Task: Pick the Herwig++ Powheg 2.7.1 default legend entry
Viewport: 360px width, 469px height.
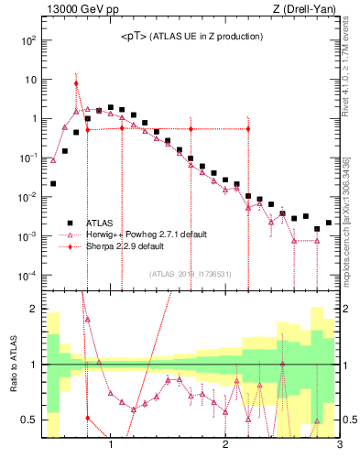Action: [x=137, y=234]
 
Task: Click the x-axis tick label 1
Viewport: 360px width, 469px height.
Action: [x=111, y=446]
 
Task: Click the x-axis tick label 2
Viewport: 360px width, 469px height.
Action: [x=225, y=446]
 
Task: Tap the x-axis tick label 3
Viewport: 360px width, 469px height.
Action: [x=339, y=446]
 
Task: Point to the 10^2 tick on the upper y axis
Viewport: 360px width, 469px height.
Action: [x=29, y=40]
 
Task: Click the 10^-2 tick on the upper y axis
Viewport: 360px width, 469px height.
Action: [x=27, y=197]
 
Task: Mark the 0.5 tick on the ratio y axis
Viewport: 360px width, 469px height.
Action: [x=29, y=420]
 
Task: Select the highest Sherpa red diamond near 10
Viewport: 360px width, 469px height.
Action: [x=76, y=83]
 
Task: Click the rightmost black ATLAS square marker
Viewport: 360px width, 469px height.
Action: [x=329, y=223]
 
